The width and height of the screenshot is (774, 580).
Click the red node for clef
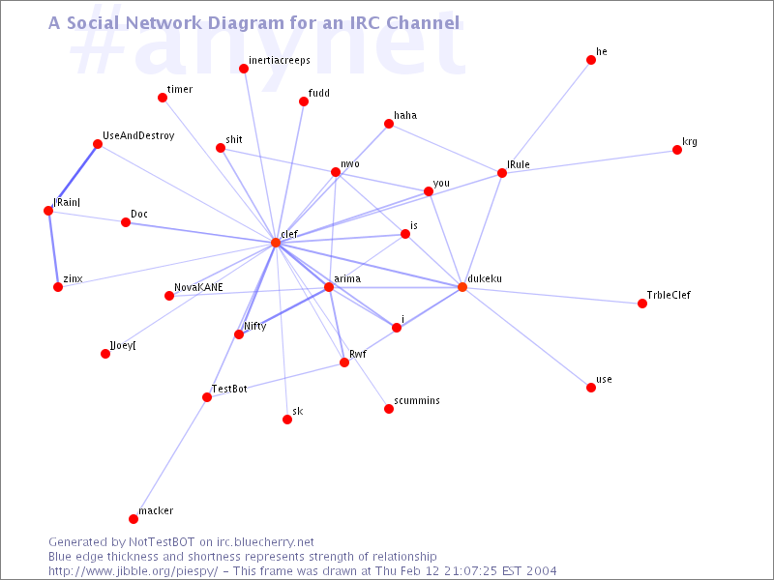click(276, 243)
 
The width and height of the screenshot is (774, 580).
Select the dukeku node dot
click(462, 287)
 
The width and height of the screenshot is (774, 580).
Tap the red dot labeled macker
click(134, 519)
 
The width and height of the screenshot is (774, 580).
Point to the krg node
click(677, 150)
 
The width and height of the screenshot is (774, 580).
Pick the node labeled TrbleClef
click(642, 304)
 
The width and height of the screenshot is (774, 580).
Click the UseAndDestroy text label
click(138, 135)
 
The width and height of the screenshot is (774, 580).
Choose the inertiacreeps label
click(280, 60)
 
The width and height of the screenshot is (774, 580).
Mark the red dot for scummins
click(389, 409)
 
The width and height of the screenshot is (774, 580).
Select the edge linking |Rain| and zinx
click(53, 249)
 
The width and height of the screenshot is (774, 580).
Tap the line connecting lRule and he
click(547, 116)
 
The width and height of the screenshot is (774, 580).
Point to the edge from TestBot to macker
click(170, 458)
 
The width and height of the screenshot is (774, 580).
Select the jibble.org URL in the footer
click(133, 571)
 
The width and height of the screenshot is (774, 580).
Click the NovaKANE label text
click(198, 287)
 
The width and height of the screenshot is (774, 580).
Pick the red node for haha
click(389, 124)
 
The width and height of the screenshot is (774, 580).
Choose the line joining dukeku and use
click(526, 337)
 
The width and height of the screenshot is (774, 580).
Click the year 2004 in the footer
click(541, 571)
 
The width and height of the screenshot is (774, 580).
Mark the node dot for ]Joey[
click(105, 354)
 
